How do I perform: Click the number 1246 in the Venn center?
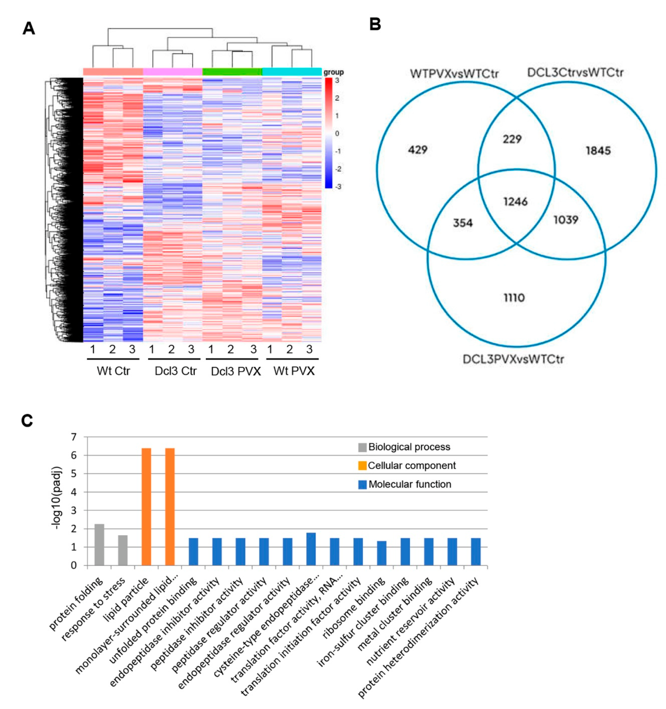tap(515, 202)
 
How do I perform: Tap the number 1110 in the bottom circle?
tap(514, 297)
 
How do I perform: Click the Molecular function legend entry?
tap(410, 484)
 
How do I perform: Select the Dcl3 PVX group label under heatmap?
tap(235, 371)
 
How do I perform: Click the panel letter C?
tap(27, 421)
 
